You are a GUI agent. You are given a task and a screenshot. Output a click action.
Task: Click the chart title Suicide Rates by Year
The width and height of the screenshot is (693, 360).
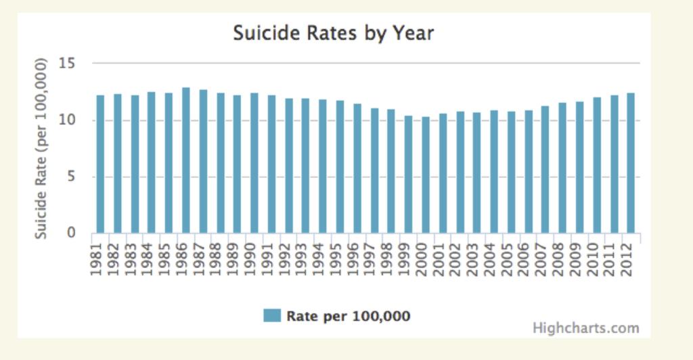pos(333,33)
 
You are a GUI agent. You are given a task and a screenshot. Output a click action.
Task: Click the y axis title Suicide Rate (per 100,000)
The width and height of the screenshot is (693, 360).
pos(42,148)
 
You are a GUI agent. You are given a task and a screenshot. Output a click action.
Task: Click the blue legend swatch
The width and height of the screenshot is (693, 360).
pos(271,315)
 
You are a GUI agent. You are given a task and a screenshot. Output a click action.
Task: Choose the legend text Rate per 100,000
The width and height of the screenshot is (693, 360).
pos(349,316)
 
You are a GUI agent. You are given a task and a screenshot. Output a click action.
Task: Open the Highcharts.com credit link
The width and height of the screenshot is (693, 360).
pos(585,328)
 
